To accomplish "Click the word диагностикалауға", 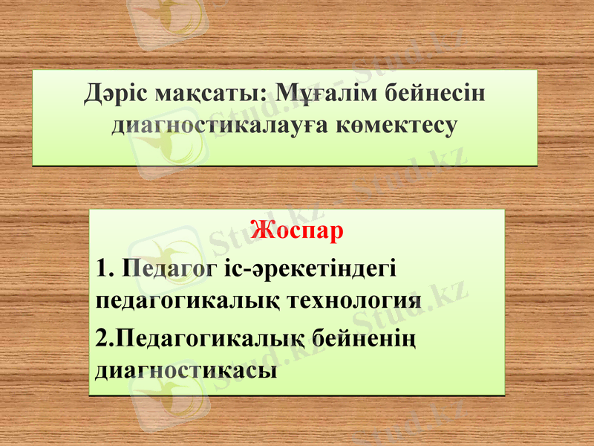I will click(221, 126).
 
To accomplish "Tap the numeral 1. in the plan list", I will click(105, 268).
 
